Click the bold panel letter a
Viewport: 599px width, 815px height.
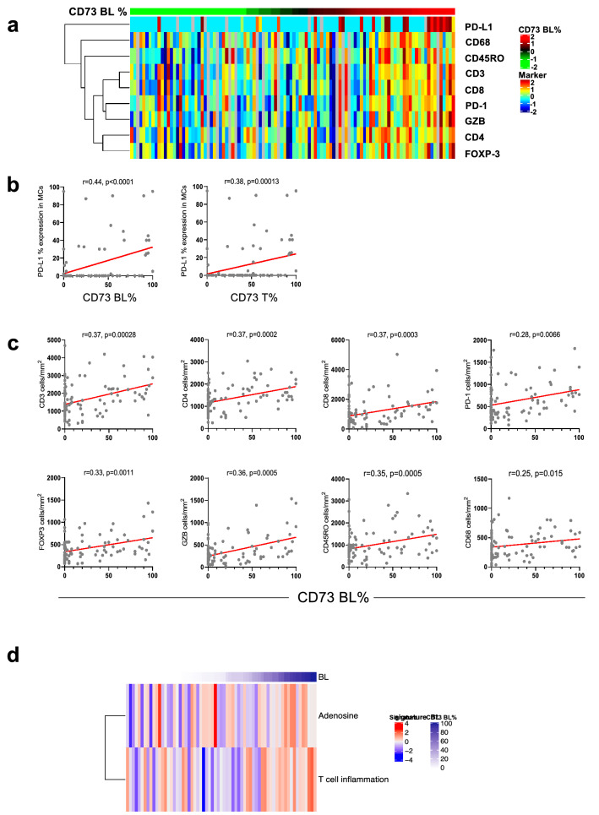pyautogui.click(x=14, y=24)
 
